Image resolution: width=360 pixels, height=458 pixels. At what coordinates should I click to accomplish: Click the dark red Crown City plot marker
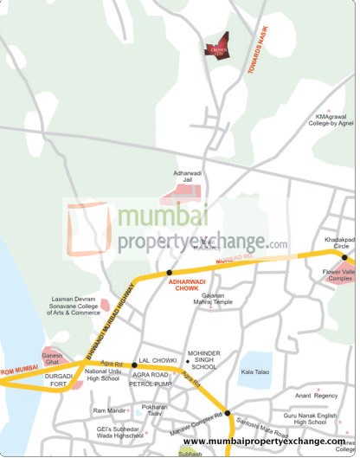click(x=217, y=47)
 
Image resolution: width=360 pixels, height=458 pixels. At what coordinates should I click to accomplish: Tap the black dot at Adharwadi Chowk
click(x=169, y=272)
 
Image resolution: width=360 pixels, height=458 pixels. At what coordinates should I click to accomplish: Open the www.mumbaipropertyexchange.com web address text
click(x=263, y=442)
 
